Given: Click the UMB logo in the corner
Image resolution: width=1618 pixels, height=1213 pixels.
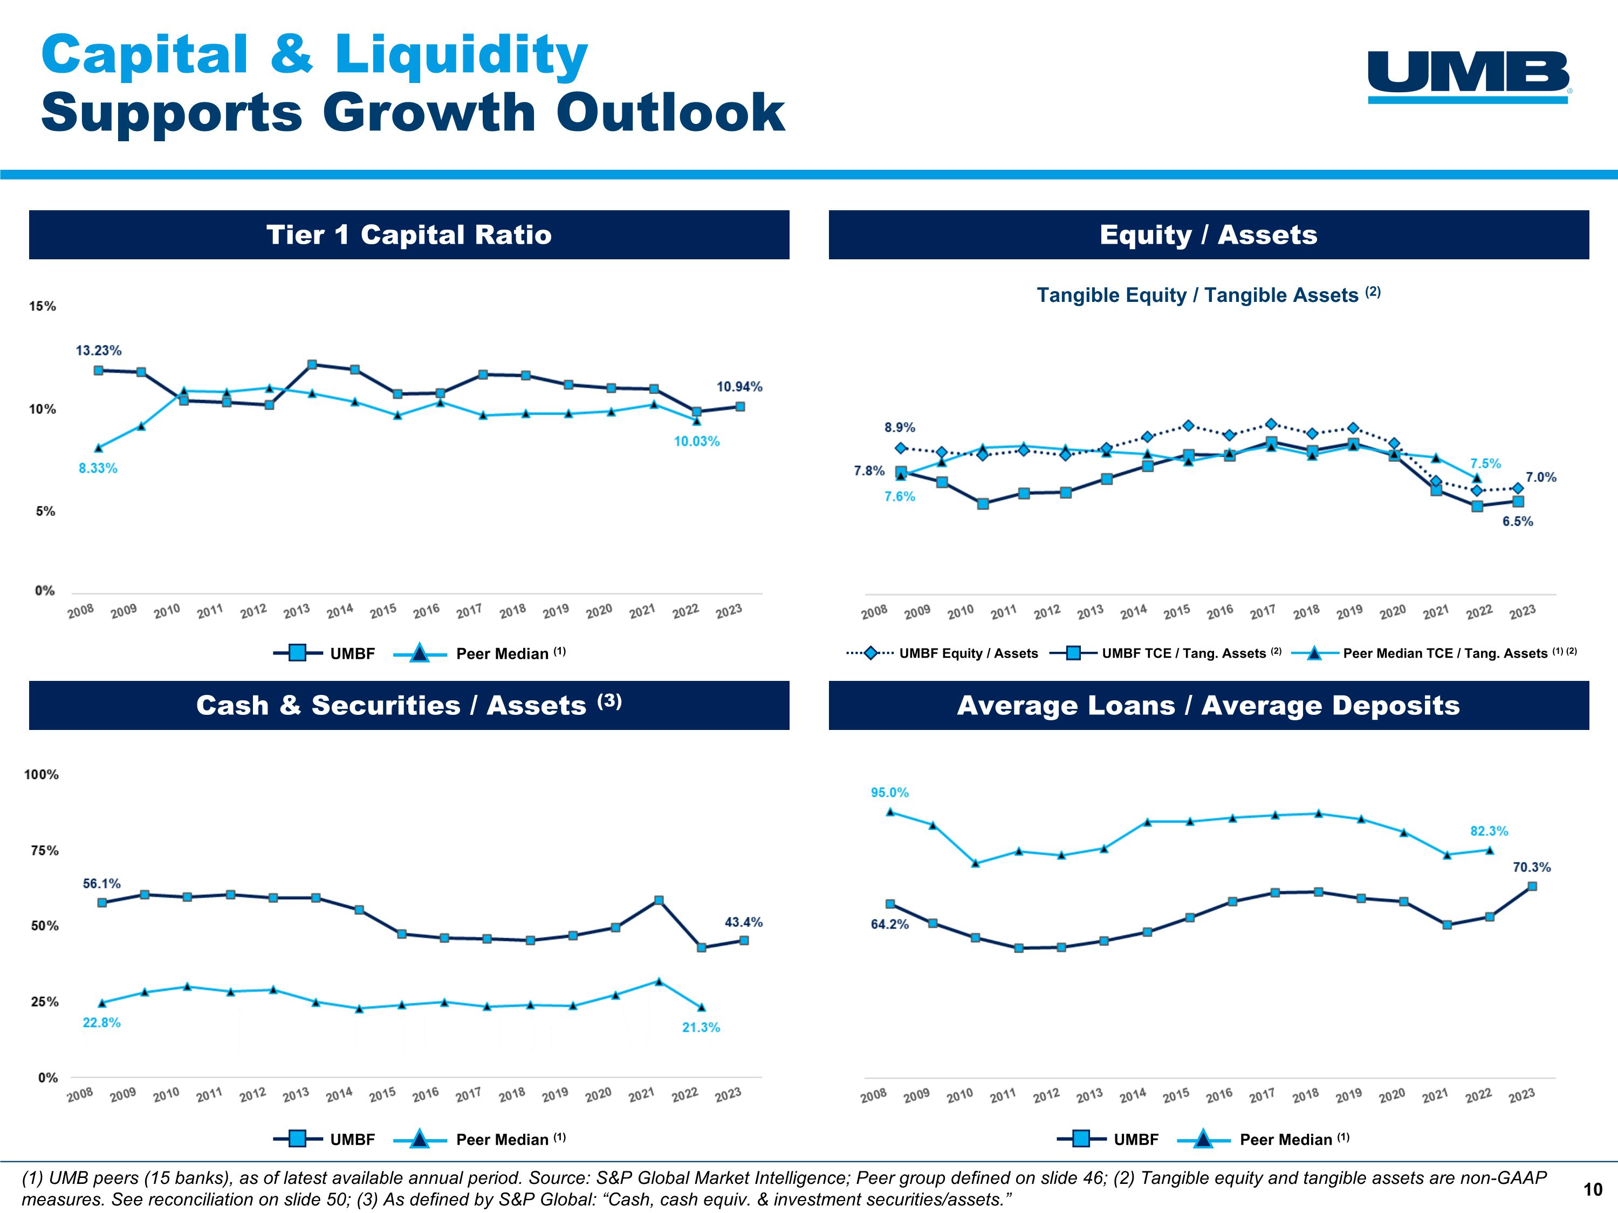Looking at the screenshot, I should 1469,76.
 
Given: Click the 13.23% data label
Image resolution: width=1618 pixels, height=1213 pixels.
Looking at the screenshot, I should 99,351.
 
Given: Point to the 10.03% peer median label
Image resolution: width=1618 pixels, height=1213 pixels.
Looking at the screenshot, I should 696,442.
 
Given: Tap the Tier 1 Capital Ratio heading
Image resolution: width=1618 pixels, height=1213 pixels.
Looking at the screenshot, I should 409,235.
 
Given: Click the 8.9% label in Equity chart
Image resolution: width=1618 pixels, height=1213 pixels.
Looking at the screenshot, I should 900,428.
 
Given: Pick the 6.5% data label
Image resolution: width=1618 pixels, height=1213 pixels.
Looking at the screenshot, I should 1518,521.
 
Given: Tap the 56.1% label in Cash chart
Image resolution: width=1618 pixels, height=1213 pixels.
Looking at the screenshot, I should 102,884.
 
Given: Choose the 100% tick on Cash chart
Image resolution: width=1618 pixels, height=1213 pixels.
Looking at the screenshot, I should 41,774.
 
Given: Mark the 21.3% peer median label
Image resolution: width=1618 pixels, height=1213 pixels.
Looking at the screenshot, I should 701,1028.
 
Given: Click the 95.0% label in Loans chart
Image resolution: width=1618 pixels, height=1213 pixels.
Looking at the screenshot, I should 889,792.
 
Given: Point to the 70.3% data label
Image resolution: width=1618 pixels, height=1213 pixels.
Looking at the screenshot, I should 1532,867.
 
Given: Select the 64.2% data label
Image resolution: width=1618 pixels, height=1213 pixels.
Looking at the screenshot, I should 889,924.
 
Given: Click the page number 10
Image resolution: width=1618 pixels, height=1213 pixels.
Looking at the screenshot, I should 1593,1190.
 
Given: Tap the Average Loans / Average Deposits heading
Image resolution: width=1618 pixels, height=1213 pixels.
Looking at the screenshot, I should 1209,706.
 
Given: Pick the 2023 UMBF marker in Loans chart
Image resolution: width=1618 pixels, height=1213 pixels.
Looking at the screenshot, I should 1532,886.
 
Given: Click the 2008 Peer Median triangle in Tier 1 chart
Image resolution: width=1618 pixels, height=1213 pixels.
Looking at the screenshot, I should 99,447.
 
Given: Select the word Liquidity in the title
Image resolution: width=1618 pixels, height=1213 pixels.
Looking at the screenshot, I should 461,56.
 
